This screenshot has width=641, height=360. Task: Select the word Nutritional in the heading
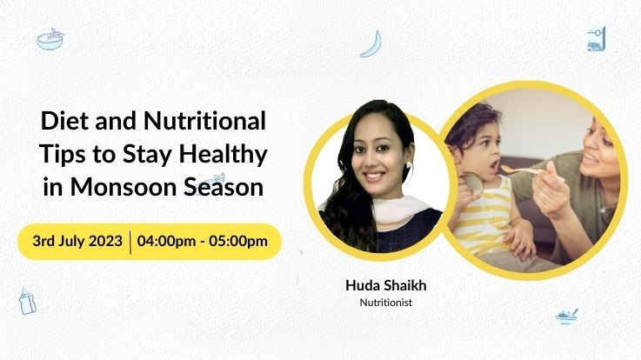(204, 121)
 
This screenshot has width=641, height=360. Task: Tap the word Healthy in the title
(224, 156)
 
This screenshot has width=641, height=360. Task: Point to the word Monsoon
(124, 187)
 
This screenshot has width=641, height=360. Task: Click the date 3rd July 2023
(77, 241)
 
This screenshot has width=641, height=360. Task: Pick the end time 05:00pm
(238, 241)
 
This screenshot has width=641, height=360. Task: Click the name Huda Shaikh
(386, 285)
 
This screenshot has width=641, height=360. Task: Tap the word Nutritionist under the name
(386, 303)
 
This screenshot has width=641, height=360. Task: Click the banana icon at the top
(371, 44)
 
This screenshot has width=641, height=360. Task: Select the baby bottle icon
(27, 301)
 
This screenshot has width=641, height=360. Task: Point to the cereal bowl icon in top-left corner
(50, 39)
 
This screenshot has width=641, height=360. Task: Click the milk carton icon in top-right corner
(596, 39)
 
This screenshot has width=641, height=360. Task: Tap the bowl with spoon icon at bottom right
(567, 317)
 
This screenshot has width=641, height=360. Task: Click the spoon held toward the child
(523, 170)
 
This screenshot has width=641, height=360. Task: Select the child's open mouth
(494, 165)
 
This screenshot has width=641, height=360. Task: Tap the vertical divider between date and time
(130, 242)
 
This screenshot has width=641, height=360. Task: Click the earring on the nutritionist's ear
(409, 165)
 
